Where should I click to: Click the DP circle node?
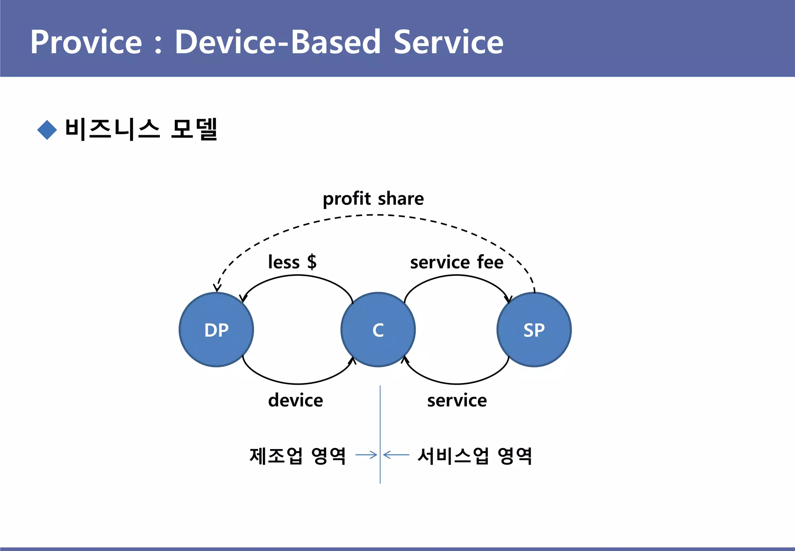pyautogui.click(x=216, y=330)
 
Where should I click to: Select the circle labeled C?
pyautogui.click(x=378, y=330)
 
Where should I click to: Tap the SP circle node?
pyautogui.click(x=534, y=330)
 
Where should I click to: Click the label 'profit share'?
pyautogui.click(x=373, y=199)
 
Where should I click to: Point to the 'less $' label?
pyautogui.click(x=292, y=262)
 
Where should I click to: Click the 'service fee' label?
pyautogui.click(x=457, y=262)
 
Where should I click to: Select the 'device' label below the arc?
pyautogui.click(x=295, y=400)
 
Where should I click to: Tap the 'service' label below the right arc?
pyautogui.click(x=457, y=400)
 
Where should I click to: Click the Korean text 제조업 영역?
pyautogui.click(x=297, y=455)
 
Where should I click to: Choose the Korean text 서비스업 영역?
pyautogui.click(x=474, y=455)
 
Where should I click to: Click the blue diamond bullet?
pyautogui.click(x=47, y=129)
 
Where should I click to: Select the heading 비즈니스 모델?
pyautogui.click(x=141, y=129)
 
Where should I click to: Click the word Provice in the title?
pyautogui.click(x=86, y=42)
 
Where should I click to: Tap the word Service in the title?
pyautogui.click(x=448, y=42)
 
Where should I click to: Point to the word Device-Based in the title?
pyautogui.click(x=278, y=42)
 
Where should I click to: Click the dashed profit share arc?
pyautogui.click(x=373, y=215)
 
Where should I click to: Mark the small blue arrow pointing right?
pyautogui.click(x=366, y=455)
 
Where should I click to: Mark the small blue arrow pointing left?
pyautogui.click(x=396, y=454)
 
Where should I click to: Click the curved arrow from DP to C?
pyautogui.click(x=298, y=384)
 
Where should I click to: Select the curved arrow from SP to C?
pyautogui.click(x=457, y=384)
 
